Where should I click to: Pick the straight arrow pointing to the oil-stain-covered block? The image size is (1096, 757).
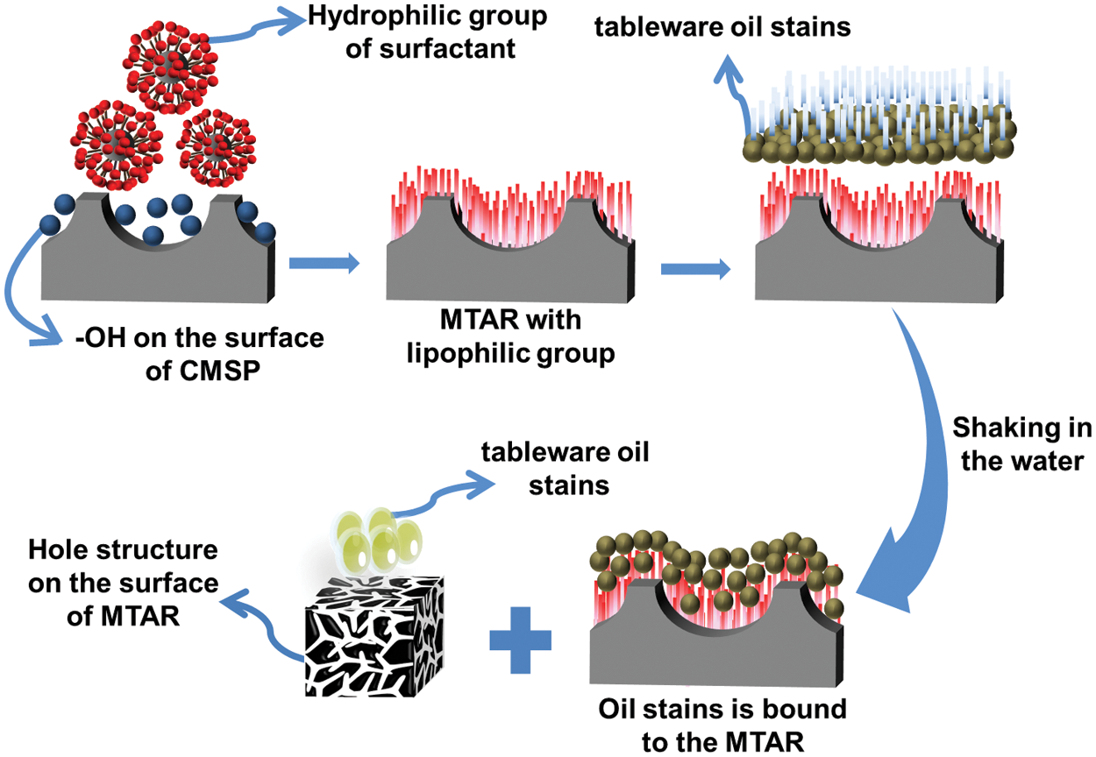tap(694, 269)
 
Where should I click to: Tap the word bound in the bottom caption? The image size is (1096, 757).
tap(802, 708)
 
